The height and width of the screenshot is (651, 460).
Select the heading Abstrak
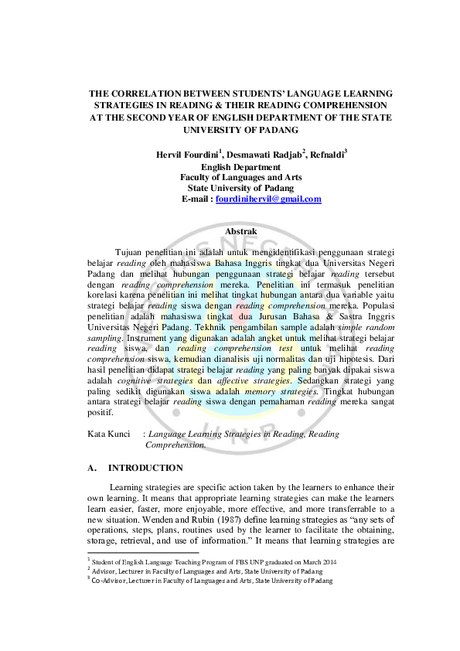240,231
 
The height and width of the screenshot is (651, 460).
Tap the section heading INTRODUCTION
145,468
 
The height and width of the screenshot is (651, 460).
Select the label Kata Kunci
108,435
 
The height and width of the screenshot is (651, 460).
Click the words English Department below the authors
240,166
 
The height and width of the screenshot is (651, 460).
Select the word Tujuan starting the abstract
130,251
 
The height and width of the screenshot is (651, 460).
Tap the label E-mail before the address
196,199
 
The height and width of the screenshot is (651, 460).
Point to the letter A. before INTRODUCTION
93,468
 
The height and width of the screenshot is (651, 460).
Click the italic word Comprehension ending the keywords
175,445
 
